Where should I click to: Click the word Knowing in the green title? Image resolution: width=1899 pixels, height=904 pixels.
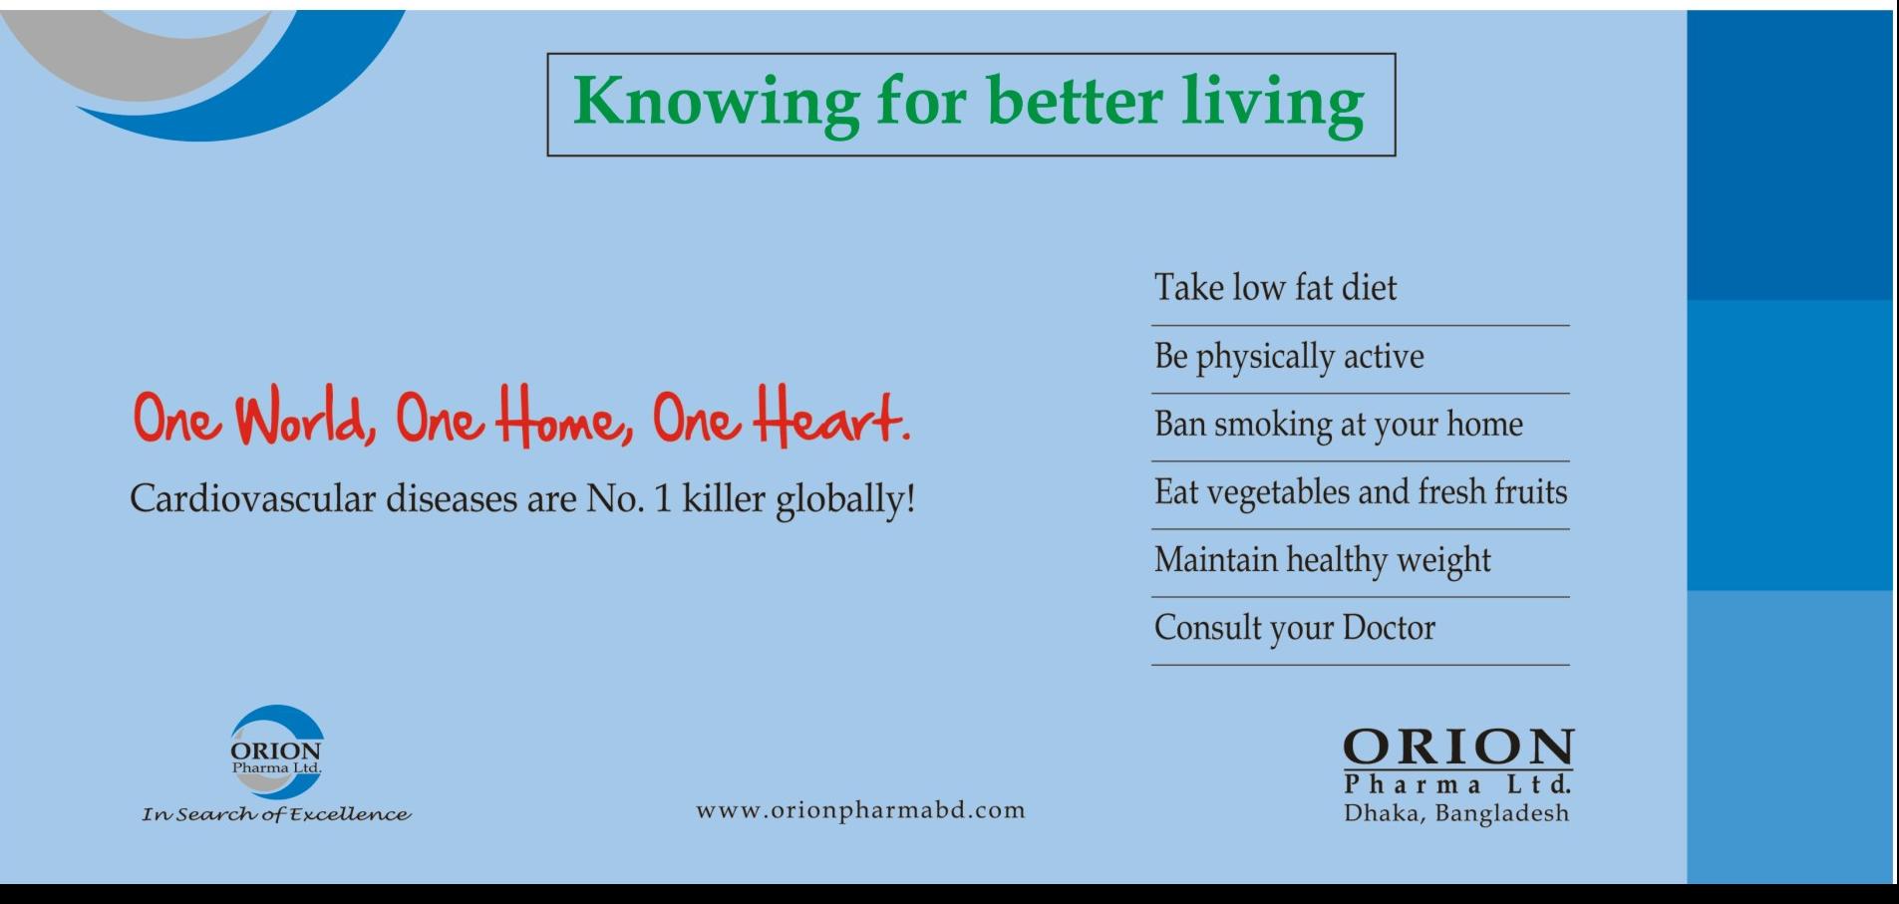[716, 104]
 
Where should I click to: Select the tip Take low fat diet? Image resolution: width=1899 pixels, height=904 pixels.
[1275, 288]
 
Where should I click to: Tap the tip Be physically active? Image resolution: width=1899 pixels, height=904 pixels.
[1289, 357]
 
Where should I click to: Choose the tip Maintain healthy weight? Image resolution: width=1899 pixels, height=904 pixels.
[1323, 560]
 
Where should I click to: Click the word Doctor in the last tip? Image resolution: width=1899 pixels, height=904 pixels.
[1389, 628]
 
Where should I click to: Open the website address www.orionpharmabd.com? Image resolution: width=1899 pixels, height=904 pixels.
[860, 810]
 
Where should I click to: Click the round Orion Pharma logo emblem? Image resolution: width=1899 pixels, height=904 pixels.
[276, 752]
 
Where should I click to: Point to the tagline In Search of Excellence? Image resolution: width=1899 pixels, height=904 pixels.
[276, 815]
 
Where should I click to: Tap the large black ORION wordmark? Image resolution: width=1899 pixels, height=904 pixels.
[1458, 748]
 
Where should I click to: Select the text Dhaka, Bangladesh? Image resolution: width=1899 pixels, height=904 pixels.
[1456, 814]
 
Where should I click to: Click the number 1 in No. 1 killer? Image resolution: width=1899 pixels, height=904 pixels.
[663, 498]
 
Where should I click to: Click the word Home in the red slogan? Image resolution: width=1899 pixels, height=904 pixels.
[562, 418]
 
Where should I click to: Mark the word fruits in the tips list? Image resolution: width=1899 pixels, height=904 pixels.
[1530, 491]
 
